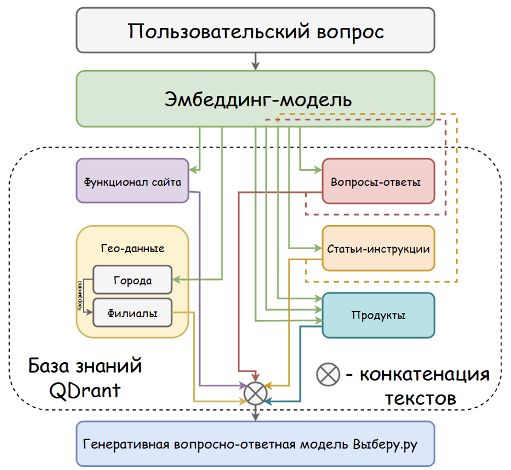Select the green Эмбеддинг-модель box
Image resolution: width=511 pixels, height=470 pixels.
(x=256, y=98)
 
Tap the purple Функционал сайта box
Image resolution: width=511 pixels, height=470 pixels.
(x=132, y=182)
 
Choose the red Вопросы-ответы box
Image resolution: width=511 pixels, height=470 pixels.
(x=378, y=182)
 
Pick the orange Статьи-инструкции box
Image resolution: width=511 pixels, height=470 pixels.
(x=378, y=249)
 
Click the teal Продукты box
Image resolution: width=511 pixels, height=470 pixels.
(x=378, y=315)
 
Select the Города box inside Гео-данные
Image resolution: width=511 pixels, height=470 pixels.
(x=132, y=280)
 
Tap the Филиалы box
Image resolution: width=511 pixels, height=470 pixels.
(x=132, y=313)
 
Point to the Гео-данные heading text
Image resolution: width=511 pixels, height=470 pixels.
(x=132, y=249)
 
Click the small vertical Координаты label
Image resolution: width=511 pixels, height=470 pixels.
(x=80, y=296)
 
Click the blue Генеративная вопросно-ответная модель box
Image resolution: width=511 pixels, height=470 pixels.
(x=256, y=444)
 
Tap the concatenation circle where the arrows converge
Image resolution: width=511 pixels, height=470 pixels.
(x=256, y=392)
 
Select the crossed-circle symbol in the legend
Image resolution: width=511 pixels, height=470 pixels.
(x=328, y=374)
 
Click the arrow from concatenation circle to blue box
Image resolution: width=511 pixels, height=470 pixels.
(x=256, y=413)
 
